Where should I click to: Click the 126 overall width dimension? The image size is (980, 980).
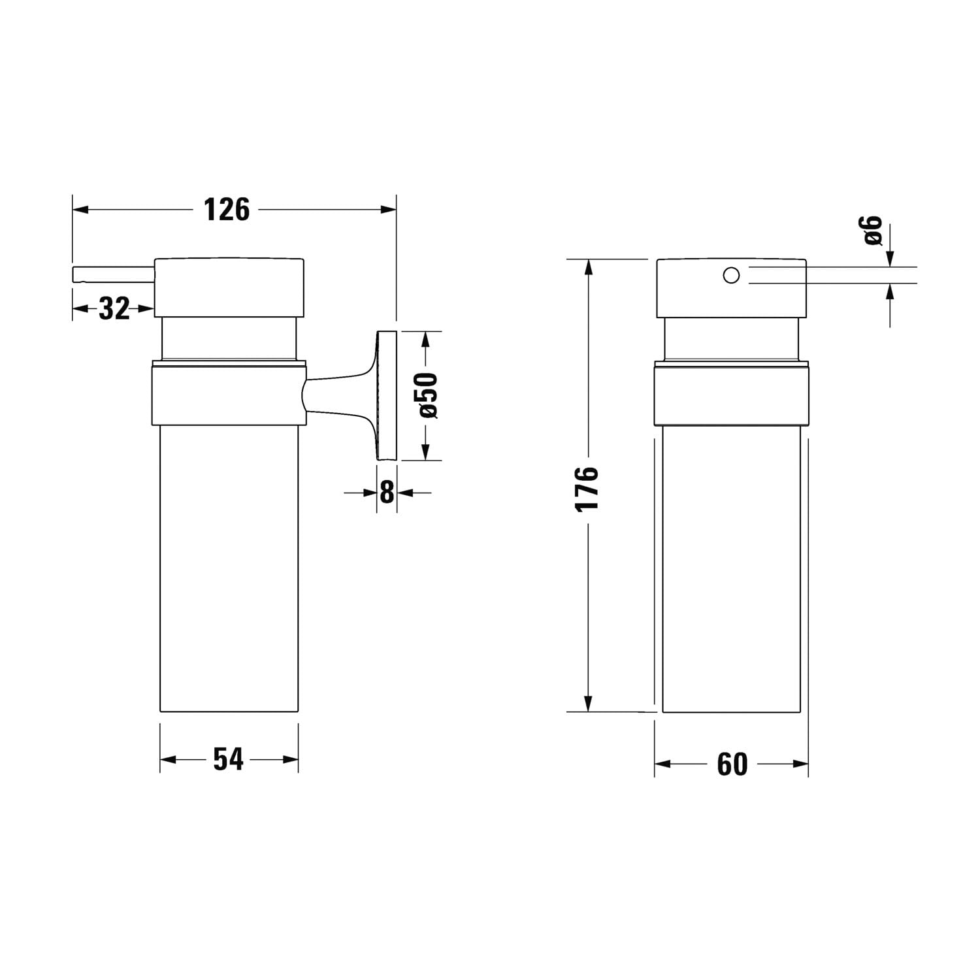[227, 210]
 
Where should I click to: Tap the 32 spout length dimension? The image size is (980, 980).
[114, 308]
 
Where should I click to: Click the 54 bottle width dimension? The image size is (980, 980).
[229, 759]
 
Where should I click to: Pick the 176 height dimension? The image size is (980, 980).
[588, 488]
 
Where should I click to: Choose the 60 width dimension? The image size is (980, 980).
[732, 764]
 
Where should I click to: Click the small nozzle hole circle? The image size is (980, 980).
[731, 275]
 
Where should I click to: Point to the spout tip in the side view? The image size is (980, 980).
[74, 274]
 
